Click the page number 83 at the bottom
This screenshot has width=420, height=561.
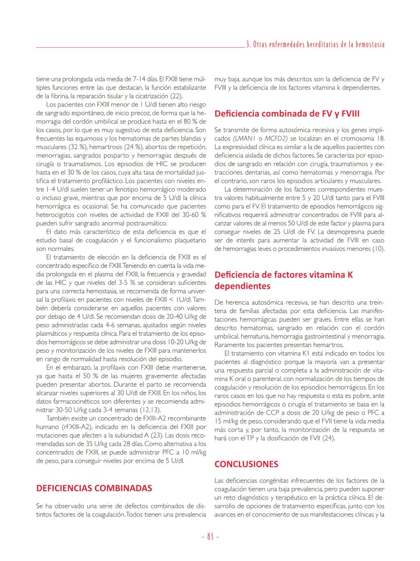pos(210,537)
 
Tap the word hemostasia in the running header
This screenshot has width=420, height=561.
pos(370,44)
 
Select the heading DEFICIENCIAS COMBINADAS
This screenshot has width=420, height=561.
pos(94,488)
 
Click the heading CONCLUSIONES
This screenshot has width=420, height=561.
pos(246,464)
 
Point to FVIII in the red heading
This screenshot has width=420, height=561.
pos(350,114)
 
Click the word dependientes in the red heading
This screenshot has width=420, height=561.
pos(242,286)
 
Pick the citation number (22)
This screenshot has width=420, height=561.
pos(176,96)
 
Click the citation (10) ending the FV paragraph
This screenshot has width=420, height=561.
pos(378,249)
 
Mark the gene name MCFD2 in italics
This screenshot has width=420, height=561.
pos(276,138)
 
